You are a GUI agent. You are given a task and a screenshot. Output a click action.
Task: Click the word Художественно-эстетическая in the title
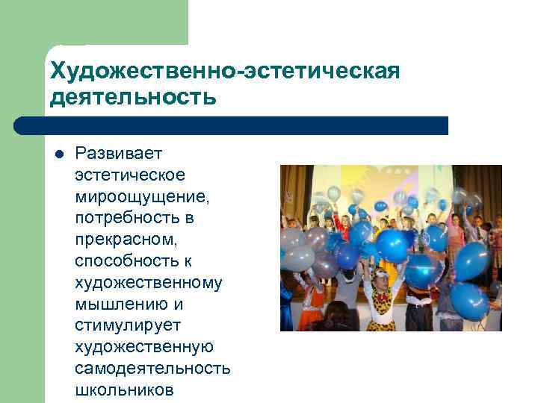click(225, 72)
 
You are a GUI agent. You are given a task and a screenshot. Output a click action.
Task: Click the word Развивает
click(120, 154)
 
